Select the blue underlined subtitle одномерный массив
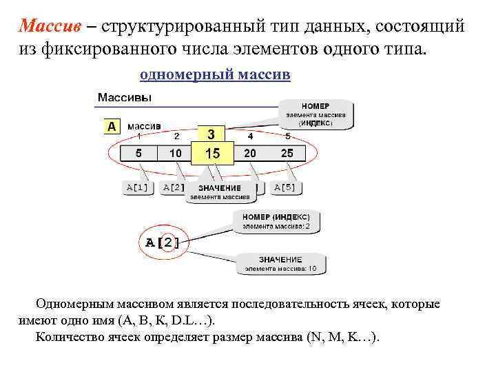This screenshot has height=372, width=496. pos(215,74)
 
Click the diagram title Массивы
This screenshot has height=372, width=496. pos(125,98)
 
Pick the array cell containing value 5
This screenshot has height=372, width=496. pos(138,154)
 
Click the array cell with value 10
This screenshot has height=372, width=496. pos(176,154)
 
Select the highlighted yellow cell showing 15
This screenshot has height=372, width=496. pos(212,154)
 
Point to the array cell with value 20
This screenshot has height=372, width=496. pos(250,154)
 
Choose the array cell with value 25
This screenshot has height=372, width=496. pos(287,154)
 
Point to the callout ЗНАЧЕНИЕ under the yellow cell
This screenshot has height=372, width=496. pos(220,192)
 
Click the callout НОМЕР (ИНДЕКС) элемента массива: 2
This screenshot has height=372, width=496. pos(280,220)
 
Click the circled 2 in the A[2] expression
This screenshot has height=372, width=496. pos(167,242)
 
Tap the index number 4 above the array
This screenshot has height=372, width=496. pos(250,136)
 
